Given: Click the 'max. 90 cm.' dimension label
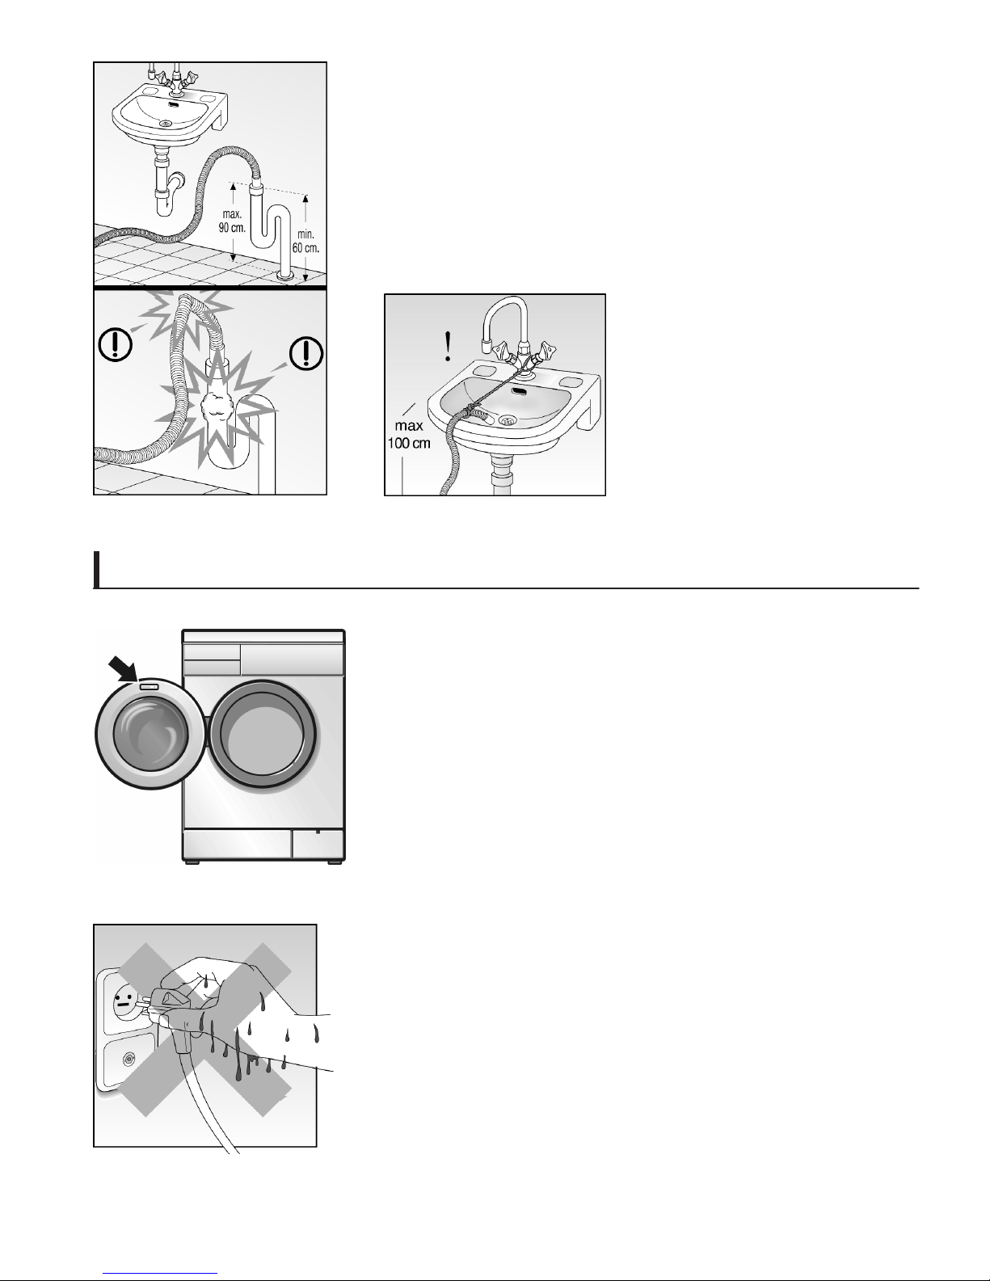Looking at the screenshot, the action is pos(232,221).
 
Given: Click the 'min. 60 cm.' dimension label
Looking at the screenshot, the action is pos(305,242).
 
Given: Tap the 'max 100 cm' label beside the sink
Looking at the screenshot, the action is pos(409,434).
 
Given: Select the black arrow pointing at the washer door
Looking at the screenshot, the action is pos(123,670).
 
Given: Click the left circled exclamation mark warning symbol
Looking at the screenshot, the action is pos(115,344).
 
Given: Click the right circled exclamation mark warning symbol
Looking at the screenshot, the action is pos(305,354).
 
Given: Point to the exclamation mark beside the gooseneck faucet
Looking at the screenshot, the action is pos(449,346).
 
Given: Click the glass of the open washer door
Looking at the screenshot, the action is pos(151,734).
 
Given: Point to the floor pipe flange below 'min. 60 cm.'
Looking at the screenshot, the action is pos(286,275).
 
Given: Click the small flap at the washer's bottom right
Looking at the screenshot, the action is pos(318,845).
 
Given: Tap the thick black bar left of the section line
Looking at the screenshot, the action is pos(96,570).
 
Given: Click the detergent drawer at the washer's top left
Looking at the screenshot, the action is pos(212,652).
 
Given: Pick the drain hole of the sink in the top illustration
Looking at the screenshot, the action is pos(166,124).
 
